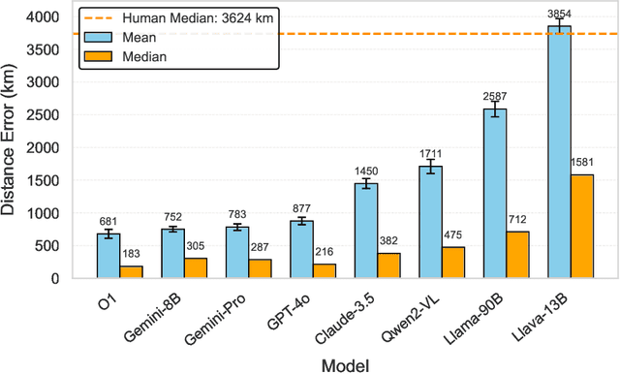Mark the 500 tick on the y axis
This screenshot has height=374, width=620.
tap(59, 246)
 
